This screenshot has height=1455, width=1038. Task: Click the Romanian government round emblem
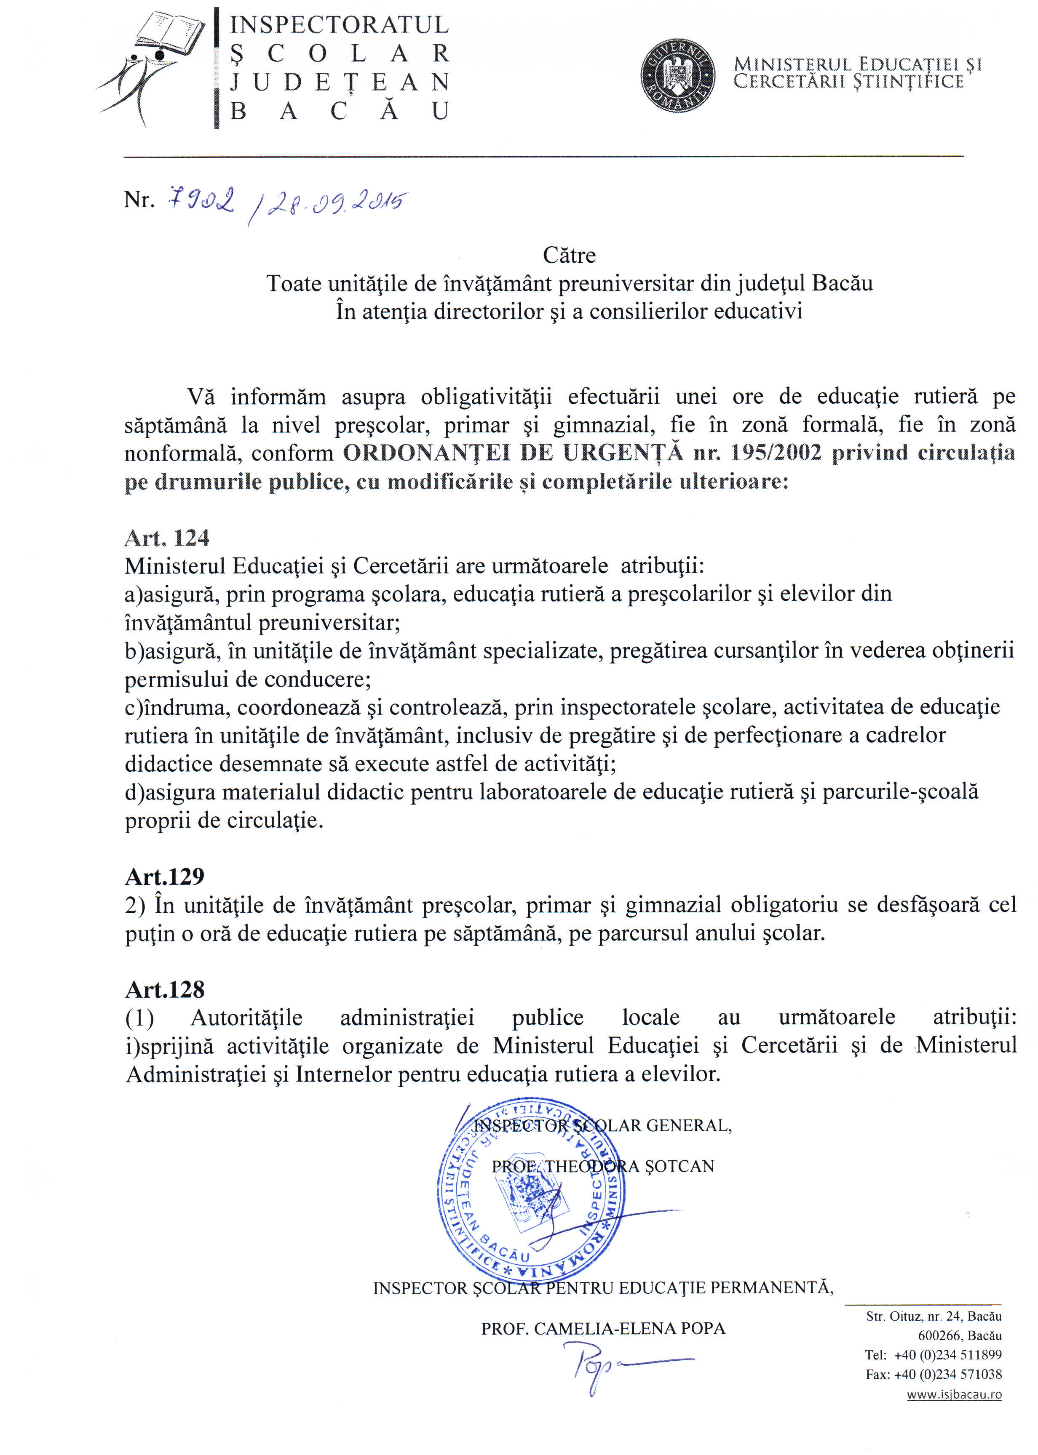point(677,75)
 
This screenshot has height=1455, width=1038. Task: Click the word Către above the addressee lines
point(569,256)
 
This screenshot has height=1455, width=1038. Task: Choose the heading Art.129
point(164,876)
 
